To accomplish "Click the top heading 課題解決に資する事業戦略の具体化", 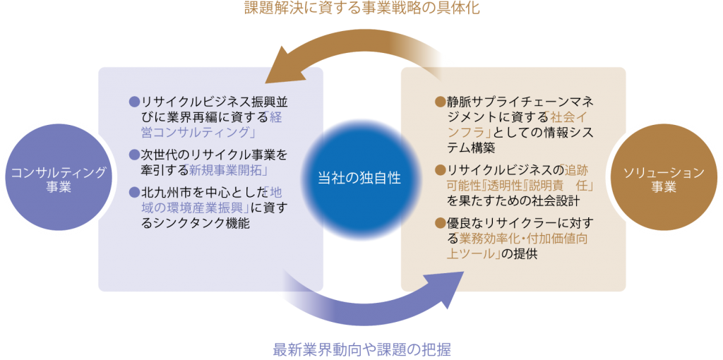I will pos(361,10).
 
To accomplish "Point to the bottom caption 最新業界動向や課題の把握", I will pos(361,349).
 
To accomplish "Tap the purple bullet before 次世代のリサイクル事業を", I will pos(134,154).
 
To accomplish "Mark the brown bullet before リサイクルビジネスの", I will pos(439,169).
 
